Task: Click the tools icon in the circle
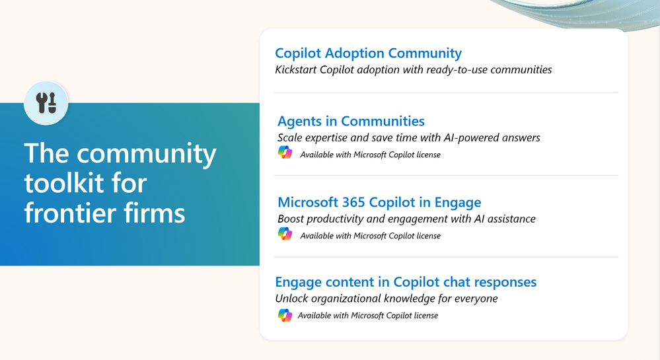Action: click(x=46, y=103)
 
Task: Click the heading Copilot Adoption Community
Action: click(x=368, y=54)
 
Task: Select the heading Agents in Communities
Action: click(x=351, y=122)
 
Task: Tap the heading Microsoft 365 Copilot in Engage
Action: click(x=379, y=203)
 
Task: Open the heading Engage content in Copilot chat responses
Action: click(x=406, y=282)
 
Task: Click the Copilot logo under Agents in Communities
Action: click(x=285, y=153)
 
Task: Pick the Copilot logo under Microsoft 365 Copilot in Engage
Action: click(x=285, y=234)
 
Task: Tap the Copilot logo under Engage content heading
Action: click(x=285, y=315)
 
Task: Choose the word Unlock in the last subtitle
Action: click(x=290, y=299)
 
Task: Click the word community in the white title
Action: click(x=146, y=154)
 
